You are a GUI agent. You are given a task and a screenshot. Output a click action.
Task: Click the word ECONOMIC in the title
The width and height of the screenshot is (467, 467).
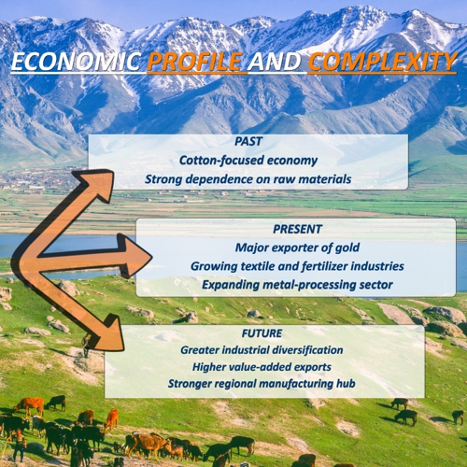[x=76, y=61]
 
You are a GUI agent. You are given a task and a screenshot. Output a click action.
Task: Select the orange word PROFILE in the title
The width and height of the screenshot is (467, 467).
[x=195, y=61]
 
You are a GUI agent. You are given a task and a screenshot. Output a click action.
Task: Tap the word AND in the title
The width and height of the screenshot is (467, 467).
[x=275, y=61]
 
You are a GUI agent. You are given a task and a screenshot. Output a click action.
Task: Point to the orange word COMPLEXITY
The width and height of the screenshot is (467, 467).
[x=383, y=61]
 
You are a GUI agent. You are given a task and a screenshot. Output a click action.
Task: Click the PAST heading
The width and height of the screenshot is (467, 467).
[x=248, y=141]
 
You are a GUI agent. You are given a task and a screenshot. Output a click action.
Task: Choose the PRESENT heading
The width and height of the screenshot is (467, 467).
[x=297, y=229]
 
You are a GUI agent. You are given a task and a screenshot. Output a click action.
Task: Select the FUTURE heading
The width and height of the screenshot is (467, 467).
[x=262, y=333]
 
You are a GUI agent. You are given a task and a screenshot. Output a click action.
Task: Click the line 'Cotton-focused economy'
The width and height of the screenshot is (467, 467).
[x=248, y=161]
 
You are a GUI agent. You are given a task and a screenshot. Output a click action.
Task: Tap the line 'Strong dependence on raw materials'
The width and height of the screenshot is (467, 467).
[x=248, y=179]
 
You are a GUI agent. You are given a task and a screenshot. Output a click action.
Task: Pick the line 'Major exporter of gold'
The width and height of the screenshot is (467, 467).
[x=297, y=248]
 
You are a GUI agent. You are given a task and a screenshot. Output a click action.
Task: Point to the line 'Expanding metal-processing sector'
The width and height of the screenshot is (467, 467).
[x=297, y=285]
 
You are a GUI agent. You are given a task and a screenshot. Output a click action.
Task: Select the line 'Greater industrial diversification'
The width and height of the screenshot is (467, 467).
[x=262, y=350]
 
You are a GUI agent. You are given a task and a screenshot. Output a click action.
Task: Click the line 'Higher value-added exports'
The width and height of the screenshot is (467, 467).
[x=262, y=367]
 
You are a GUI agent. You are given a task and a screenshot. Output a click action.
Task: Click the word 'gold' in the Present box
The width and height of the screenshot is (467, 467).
[x=347, y=248]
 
